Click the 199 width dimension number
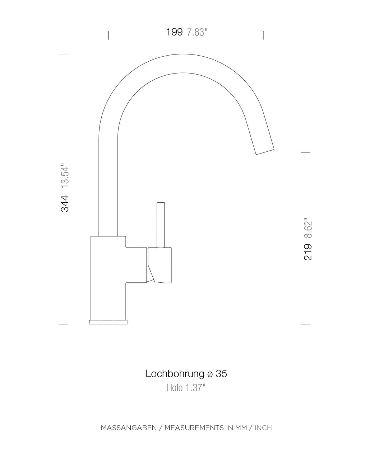click(x=174, y=32)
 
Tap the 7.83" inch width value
click(x=197, y=32)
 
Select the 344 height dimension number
click(x=65, y=204)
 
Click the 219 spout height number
click(x=308, y=252)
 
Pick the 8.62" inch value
click(x=308, y=228)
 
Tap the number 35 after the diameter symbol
click(x=221, y=374)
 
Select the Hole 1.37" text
click(x=186, y=388)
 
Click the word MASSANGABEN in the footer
click(x=129, y=428)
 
